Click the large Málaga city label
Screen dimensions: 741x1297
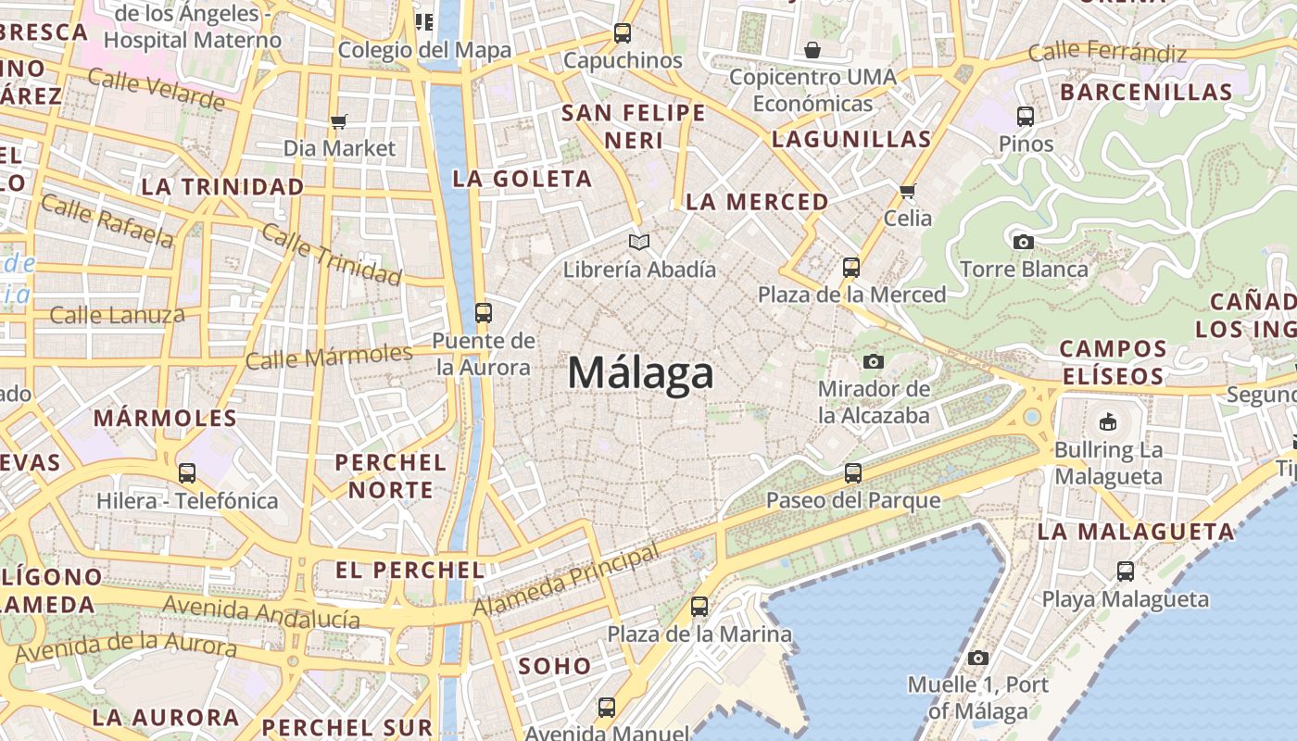pos(640,373)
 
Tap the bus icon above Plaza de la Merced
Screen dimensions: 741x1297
pos(850,268)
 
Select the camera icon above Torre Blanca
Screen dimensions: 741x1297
pos(1023,242)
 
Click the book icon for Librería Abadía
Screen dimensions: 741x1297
pos(639,242)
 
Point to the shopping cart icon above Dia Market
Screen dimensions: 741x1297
pos(338,121)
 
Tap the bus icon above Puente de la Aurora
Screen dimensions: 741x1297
pos(483,312)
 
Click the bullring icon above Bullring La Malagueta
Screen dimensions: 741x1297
pos(1107,422)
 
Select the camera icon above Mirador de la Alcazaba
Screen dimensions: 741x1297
pos(873,361)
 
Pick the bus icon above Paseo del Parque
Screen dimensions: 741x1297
pos(852,473)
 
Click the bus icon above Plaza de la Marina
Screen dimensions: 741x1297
pos(699,607)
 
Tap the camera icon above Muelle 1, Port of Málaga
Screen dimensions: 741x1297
pos(977,658)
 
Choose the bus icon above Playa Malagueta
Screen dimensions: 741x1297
pos(1125,571)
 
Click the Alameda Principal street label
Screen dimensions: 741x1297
pos(567,580)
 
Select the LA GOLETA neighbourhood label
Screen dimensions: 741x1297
pos(522,179)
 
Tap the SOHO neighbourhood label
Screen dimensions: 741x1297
pos(554,665)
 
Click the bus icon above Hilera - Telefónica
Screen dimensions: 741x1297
pos(187,473)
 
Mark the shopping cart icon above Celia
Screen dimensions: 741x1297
pos(907,191)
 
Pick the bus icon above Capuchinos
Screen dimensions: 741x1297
pos(623,33)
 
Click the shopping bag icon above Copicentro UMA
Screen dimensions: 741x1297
pos(812,49)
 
